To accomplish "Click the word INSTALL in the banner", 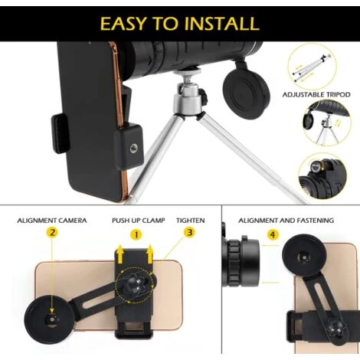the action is tap(221, 24).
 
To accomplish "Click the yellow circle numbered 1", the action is tap(136, 234).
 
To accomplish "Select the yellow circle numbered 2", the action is tap(52, 233).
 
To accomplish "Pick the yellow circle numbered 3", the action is tap(189, 233).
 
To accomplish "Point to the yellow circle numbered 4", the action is tap(273, 234).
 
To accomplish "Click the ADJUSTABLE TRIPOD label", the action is tap(316, 95).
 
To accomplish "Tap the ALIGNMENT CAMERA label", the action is tap(52, 221).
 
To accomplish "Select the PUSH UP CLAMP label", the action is tap(139, 221).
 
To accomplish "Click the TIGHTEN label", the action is tap(191, 221).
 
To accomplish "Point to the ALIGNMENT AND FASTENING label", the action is tap(286, 221).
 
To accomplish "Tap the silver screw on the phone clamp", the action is tap(133, 149).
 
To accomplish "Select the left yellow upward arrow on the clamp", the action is tap(119, 254).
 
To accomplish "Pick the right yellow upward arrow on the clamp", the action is tap(150, 254).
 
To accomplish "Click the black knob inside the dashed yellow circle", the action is tap(136, 283).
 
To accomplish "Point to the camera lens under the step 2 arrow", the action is tap(52, 319).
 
